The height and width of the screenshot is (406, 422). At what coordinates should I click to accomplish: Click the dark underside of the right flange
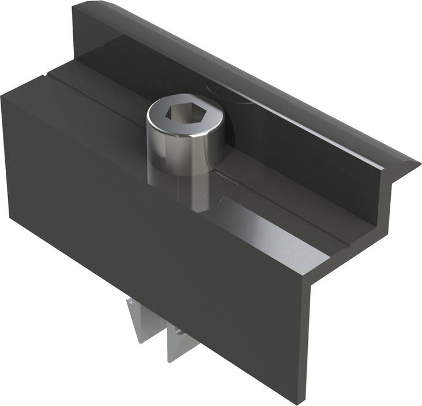pyautogui.click(x=398, y=173)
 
